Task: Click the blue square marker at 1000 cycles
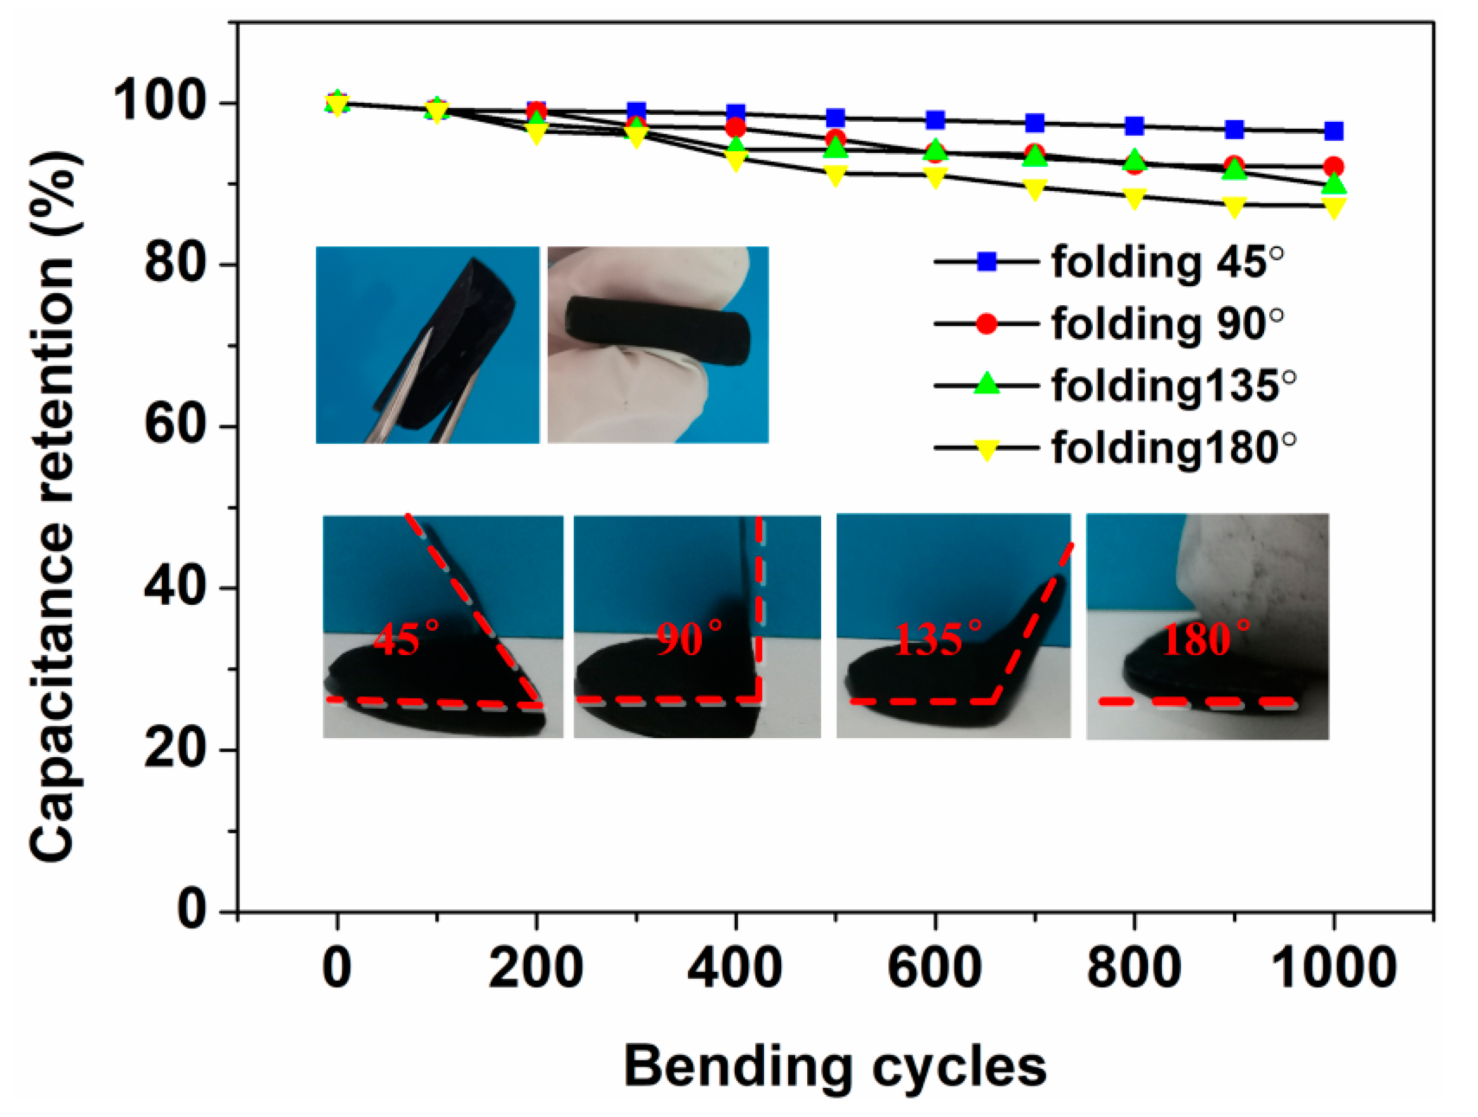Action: (x=1334, y=131)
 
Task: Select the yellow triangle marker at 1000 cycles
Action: (x=1334, y=207)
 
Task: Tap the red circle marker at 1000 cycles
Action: (x=1334, y=167)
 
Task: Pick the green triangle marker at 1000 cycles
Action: (x=1334, y=182)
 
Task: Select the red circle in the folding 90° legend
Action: (x=986, y=324)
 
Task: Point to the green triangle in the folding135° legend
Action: (x=986, y=385)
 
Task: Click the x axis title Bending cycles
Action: (x=835, y=1067)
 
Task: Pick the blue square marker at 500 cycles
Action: (x=835, y=118)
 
